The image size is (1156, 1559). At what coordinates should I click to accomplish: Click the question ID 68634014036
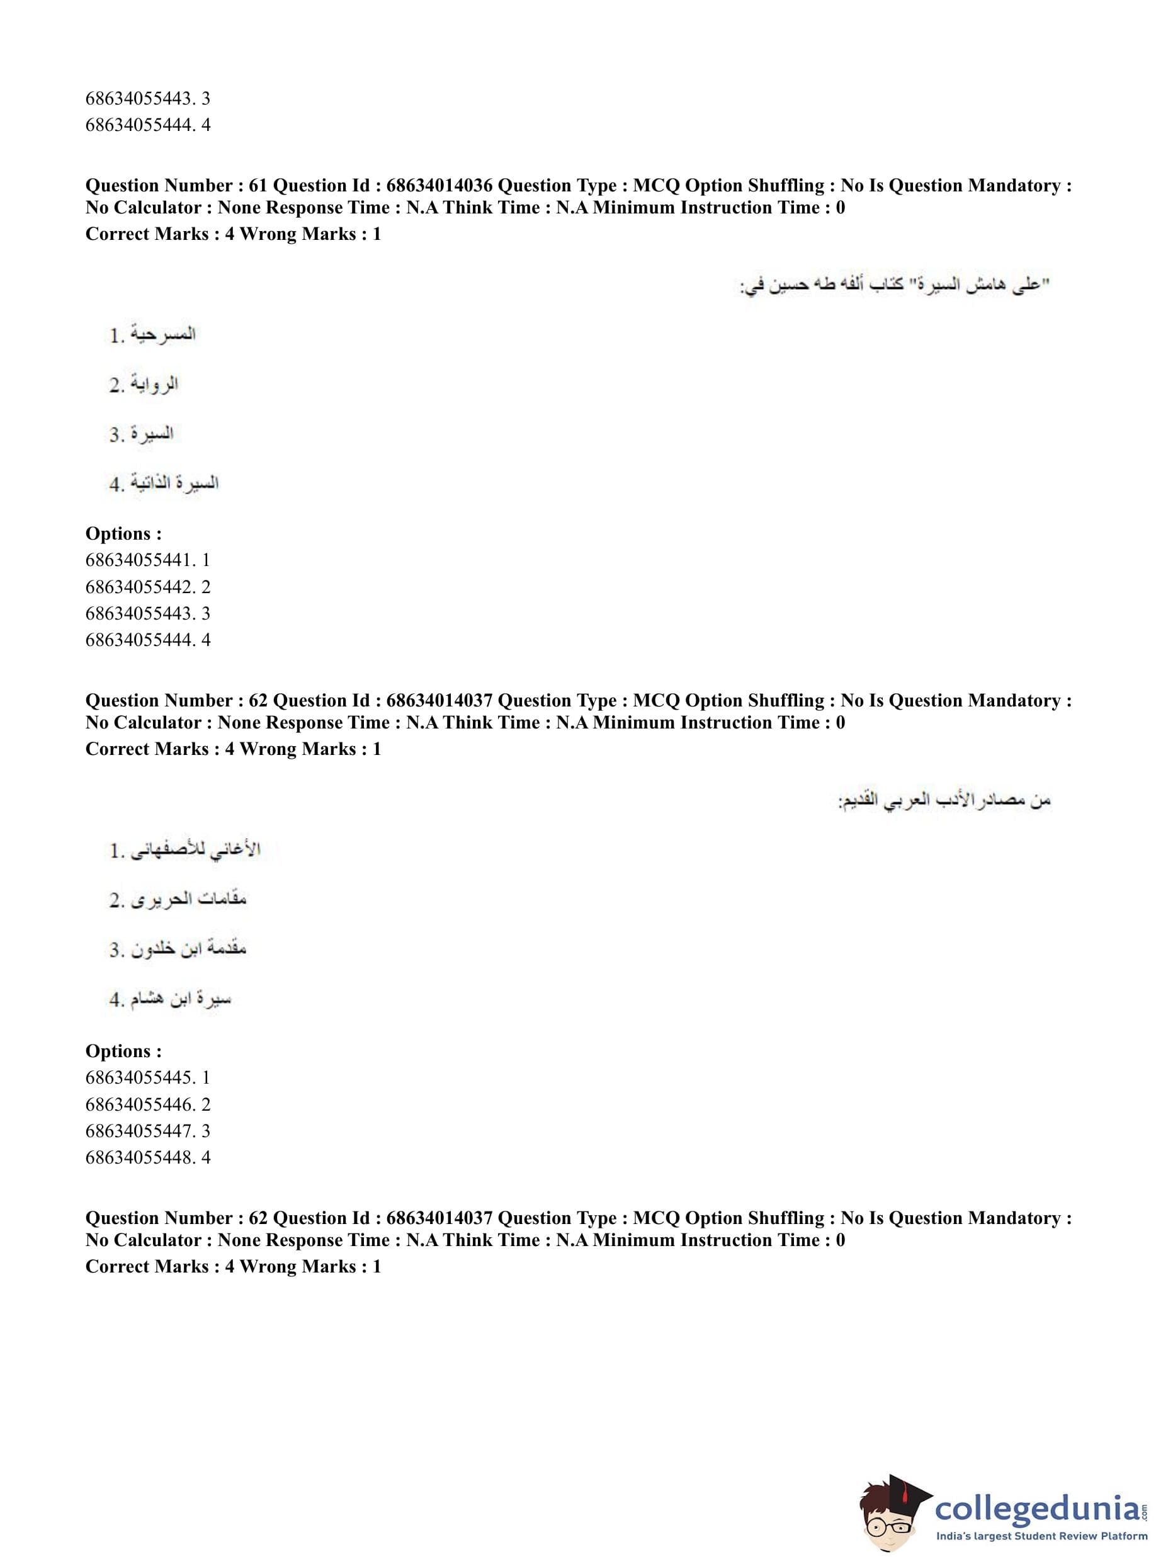click(439, 185)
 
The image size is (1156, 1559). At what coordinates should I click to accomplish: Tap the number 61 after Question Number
click(258, 185)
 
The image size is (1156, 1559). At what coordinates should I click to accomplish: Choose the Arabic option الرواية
click(154, 384)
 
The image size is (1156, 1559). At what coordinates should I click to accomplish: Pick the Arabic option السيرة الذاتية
click(174, 483)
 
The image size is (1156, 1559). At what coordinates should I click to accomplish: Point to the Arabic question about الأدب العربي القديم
click(944, 800)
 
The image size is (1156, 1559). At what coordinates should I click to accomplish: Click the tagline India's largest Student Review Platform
click(1041, 1536)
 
